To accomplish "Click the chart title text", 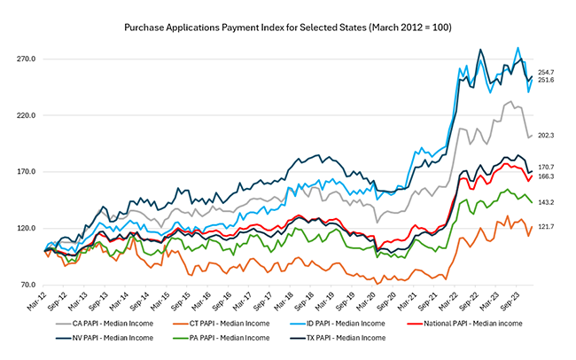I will click(x=288, y=28).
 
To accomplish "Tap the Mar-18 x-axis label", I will click(x=280, y=306).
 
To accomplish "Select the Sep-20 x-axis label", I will click(x=382, y=306).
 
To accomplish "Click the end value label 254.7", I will click(x=546, y=72).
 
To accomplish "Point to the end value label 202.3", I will click(x=546, y=136).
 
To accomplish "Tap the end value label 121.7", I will click(x=546, y=227).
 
